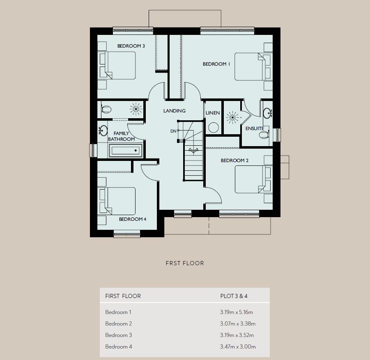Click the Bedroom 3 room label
[131, 46]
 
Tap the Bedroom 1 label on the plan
[216, 64]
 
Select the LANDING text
[175, 111]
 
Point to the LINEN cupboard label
[213, 113]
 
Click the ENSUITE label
[255, 128]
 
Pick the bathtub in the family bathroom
[126, 151]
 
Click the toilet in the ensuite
[264, 135]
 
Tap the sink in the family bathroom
[103, 130]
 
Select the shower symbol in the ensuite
[233, 117]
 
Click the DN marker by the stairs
[173, 131]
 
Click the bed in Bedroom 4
[117, 201]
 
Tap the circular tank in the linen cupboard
[214, 128]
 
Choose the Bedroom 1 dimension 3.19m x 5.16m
[237, 312]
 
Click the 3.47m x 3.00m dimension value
[238, 347]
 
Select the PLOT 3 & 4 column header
[234, 296]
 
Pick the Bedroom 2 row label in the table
[118, 323]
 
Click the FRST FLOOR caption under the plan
[185, 263]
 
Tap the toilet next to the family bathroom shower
[106, 109]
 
